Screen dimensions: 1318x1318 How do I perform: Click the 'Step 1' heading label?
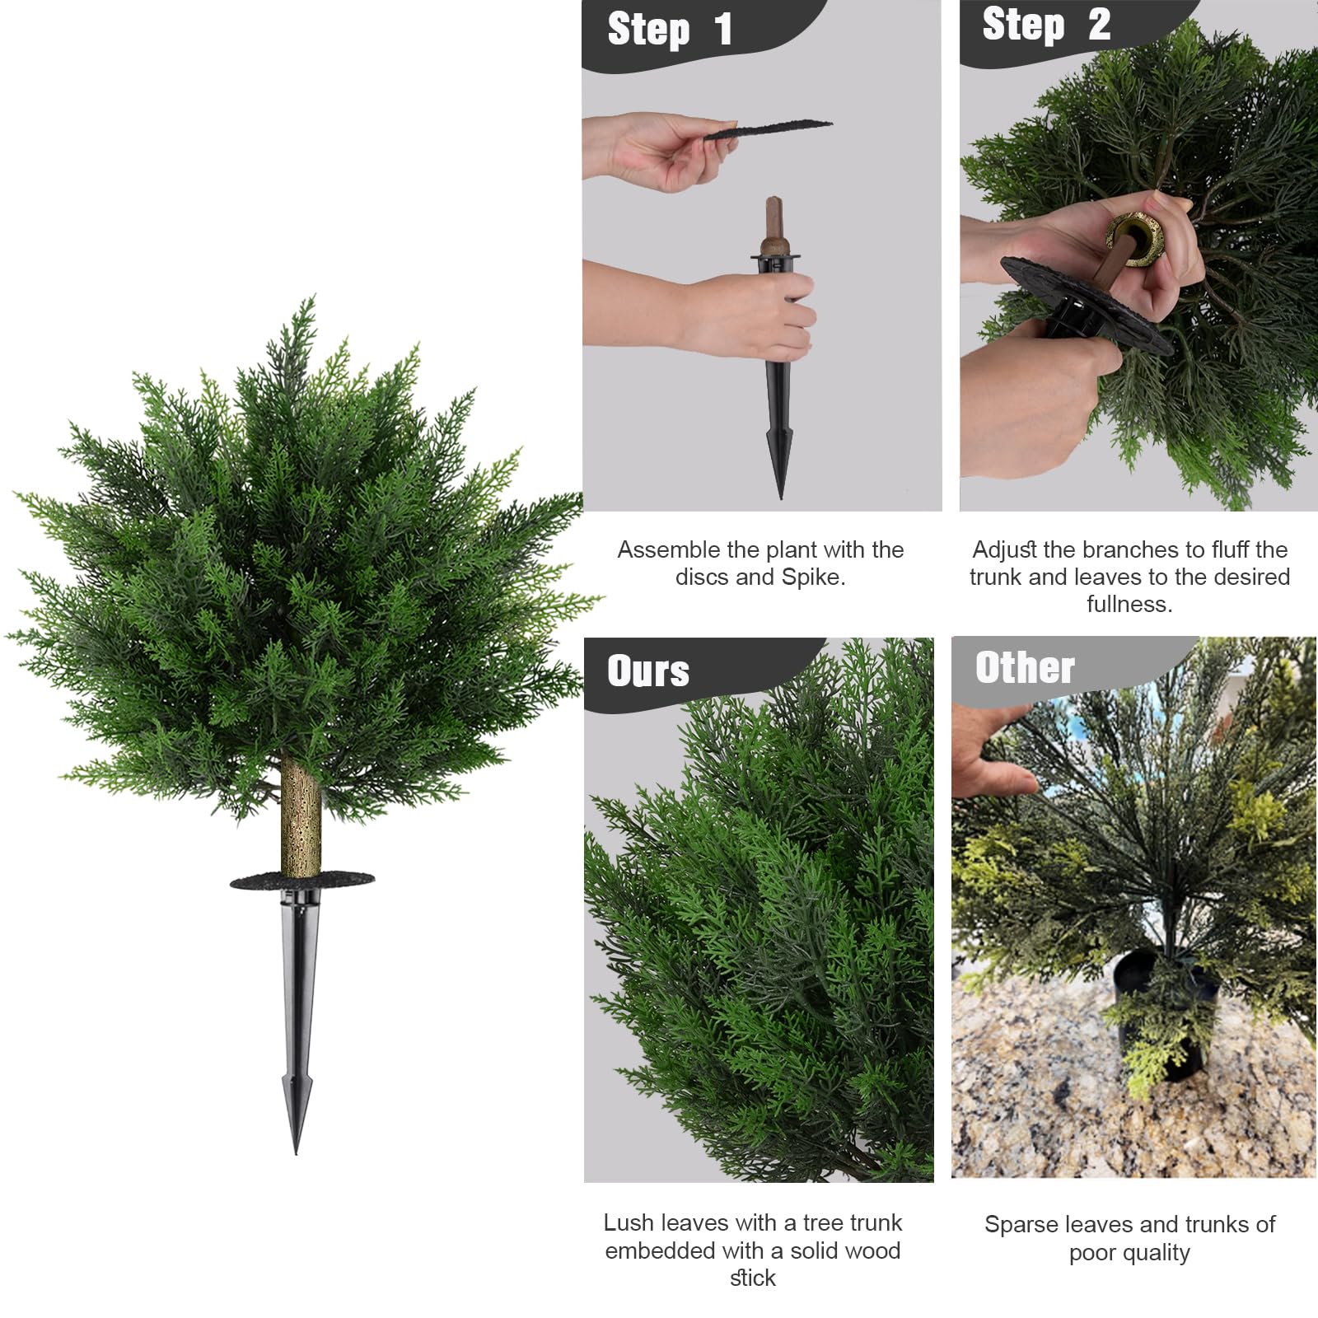[x=669, y=30]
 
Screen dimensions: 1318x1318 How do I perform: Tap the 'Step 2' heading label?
[x=1046, y=25]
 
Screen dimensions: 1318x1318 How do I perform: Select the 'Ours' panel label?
[x=648, y=671]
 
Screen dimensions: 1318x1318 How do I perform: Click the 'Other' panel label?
[x=1025, y=667]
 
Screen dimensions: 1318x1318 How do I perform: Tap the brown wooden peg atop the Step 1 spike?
[x=774, y=222]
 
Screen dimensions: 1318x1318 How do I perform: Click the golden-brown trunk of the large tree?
[x=301, y=816]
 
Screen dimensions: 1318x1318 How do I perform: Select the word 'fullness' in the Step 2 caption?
[x=1127, y=605]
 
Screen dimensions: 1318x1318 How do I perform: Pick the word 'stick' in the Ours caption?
[x=752, y=1278]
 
